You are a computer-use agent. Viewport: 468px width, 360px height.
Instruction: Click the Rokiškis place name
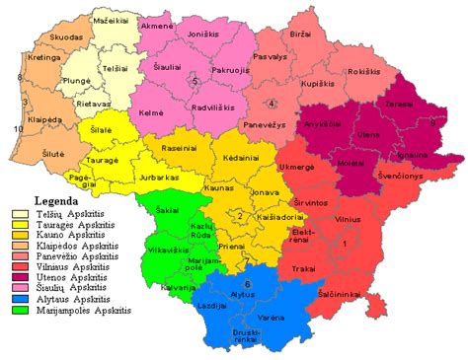pos(363,71)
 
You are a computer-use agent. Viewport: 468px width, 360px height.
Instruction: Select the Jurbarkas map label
pos(160,178)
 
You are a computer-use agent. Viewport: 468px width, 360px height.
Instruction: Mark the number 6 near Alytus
pos(247,285)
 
